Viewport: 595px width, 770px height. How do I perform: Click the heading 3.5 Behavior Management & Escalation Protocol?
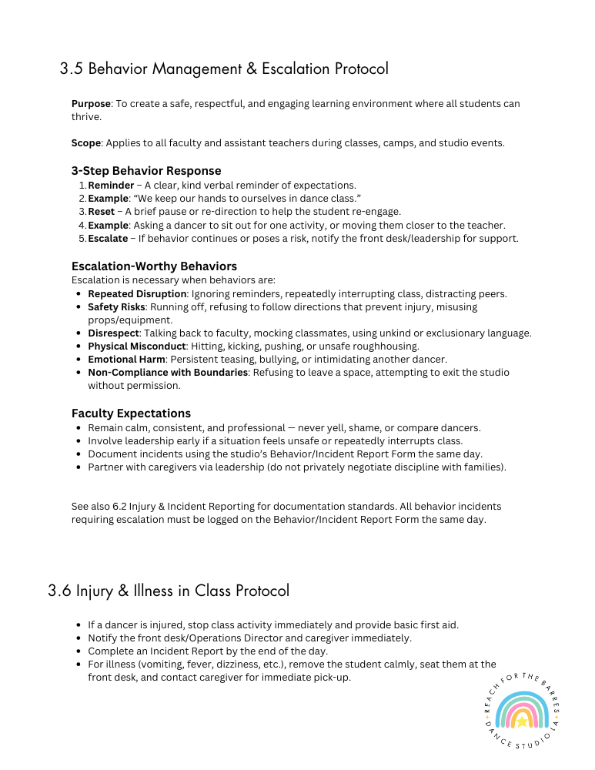tap(224, 69)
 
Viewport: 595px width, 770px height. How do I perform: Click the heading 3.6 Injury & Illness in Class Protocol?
tap(169, 591)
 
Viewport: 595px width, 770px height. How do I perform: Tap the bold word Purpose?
tap(91, 103)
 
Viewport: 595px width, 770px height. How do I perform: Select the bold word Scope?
tap(85, 142)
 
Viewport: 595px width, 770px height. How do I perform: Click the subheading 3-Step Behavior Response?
tap(146, 170)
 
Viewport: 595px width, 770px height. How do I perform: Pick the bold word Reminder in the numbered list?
tap(111, 185)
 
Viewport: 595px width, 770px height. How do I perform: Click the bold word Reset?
tap(102, 211)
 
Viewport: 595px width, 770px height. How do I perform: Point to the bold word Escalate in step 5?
tap(108, 238)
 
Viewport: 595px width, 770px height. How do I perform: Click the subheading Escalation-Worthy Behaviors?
tap(154, 266)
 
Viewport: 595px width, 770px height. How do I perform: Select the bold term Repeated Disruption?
tap(137, 293)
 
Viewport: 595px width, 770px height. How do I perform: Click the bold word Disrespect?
tap(113, 333)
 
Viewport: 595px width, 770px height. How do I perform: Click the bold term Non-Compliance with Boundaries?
tap(168, 372)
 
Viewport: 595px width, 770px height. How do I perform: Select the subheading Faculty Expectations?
tap(131, 413)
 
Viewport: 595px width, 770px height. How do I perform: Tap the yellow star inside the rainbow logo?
tap(523, 721)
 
